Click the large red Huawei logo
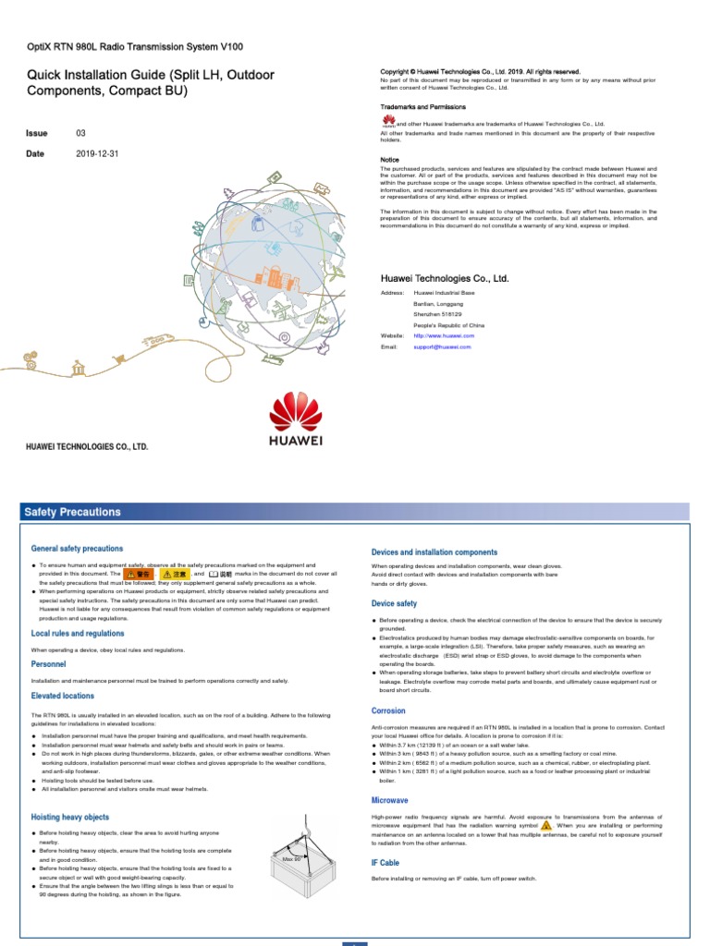pos(295,422)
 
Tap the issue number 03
pos(80,134)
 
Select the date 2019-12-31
pos(98,154)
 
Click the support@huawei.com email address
pos(442,347)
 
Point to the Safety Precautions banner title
pos(72,512)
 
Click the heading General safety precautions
pos(77,549)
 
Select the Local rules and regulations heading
pos(78,634)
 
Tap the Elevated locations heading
pos(63,696)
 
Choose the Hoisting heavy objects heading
pos(70,818)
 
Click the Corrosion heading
pos(388,711)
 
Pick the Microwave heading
pos(390,800)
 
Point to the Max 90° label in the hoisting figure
pos(294,859)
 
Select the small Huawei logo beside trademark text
pos(388,122)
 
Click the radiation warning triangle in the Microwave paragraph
pos(546,826)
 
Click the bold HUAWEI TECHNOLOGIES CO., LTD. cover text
pos(86,446)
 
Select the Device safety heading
pos(394,604)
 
